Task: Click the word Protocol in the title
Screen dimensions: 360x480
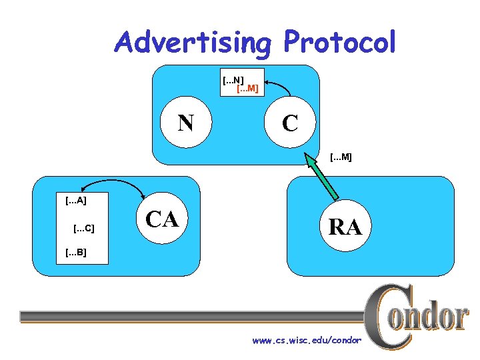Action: (340, 42)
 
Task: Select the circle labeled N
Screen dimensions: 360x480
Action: (186, 123)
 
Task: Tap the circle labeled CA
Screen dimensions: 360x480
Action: (162, 218)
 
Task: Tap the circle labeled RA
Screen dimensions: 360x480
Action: (345, 227)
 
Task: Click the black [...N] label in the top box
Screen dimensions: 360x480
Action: (233, 80)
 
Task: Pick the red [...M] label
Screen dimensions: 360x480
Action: (248, 88)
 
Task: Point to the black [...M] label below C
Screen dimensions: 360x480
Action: (341, 157)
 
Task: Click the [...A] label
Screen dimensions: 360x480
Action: (75, 199)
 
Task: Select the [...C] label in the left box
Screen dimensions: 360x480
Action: (83, 229)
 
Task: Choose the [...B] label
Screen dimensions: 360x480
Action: (75, 253)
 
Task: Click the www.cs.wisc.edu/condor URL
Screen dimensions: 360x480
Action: (306, 341)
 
